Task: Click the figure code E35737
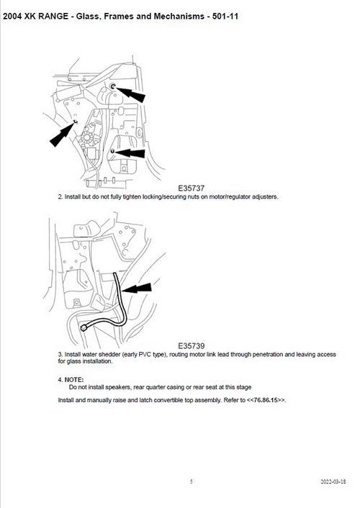click(191, 188)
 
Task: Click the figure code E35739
click(191, 345)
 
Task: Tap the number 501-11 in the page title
click(225, 17)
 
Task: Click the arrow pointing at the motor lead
click(137, 288)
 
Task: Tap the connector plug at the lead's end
click(84, 328)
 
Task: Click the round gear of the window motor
click(87, 137)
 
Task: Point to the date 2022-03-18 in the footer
click(333, 481)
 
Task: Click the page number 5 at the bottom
click(192, 481)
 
